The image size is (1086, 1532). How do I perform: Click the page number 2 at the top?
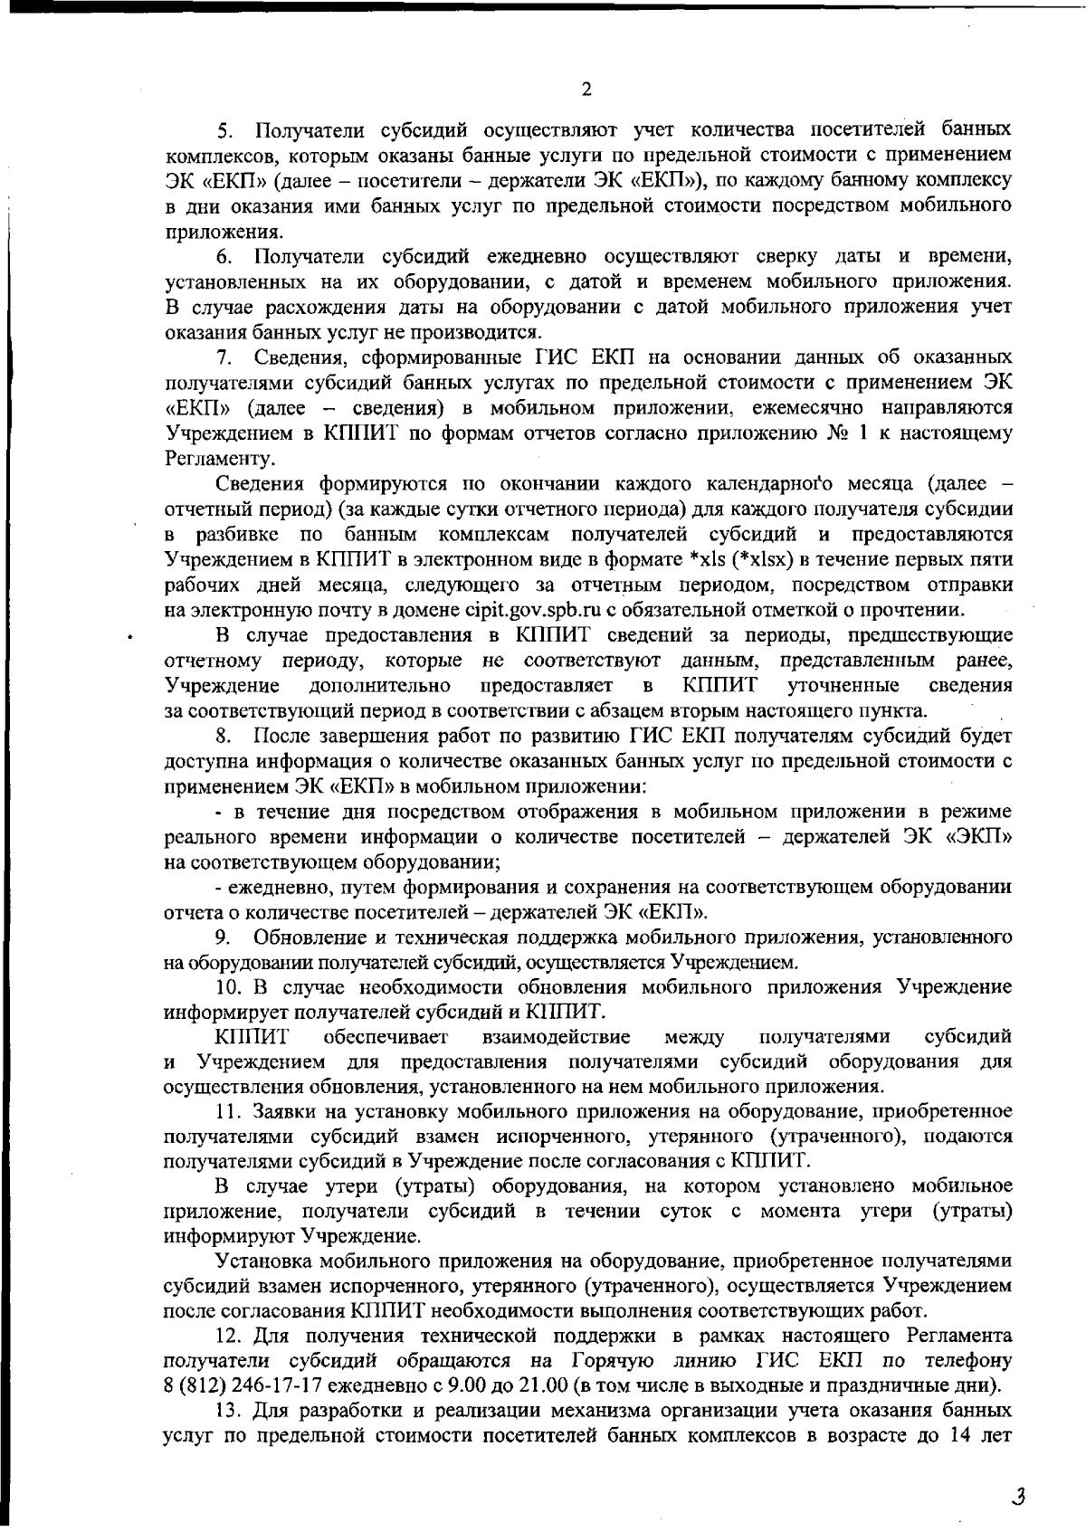pos(586,89)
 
